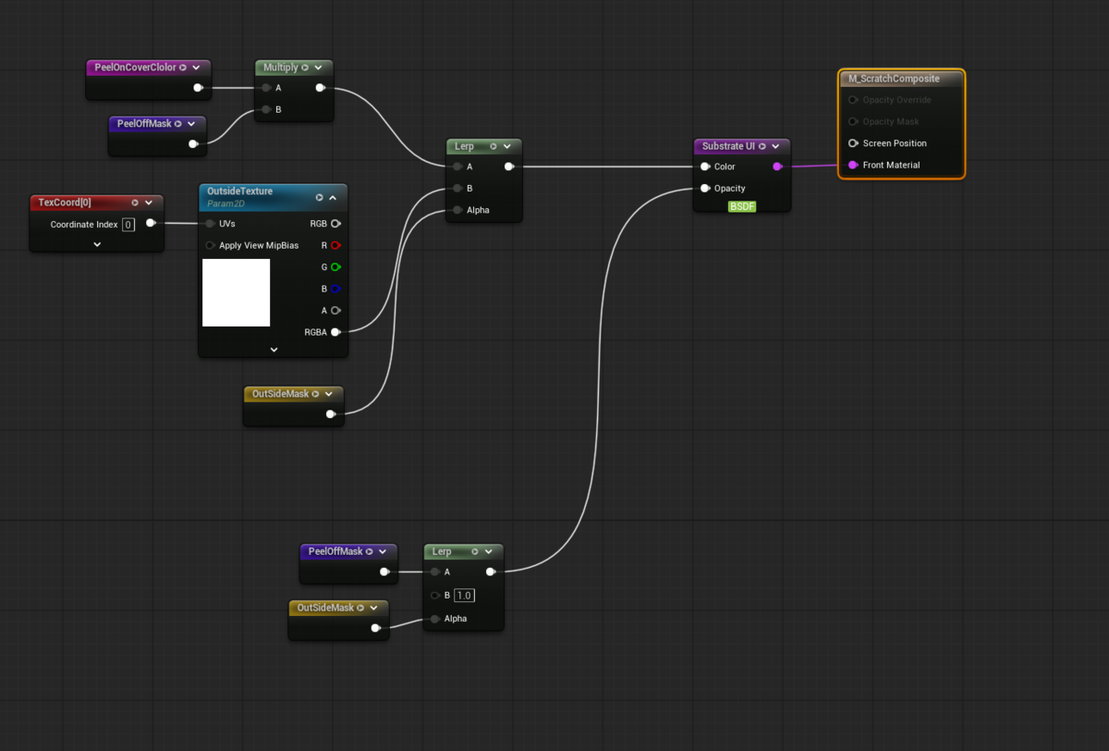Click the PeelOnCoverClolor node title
coord(135,68)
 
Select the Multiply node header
coord(294,68)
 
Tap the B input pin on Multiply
coord(266,109)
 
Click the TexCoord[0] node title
coord(65,203)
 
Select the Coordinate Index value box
coord(128,225)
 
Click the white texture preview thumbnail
coord(237,293)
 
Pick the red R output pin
coord(335,245)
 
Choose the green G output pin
coord(335,267)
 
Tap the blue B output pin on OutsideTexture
coord(335,289)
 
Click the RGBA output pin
coord(335,332)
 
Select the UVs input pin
coord(210,224)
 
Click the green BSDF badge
coord(742,206)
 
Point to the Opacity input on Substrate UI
coord(705,189)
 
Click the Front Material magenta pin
coord(853,165)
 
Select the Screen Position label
coord(895,143)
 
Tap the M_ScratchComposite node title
coord(894,79)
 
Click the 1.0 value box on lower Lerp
coord(464,596)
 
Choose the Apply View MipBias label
coord(259,246)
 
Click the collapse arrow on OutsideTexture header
coord(334,198)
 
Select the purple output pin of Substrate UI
coord(778,166)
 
